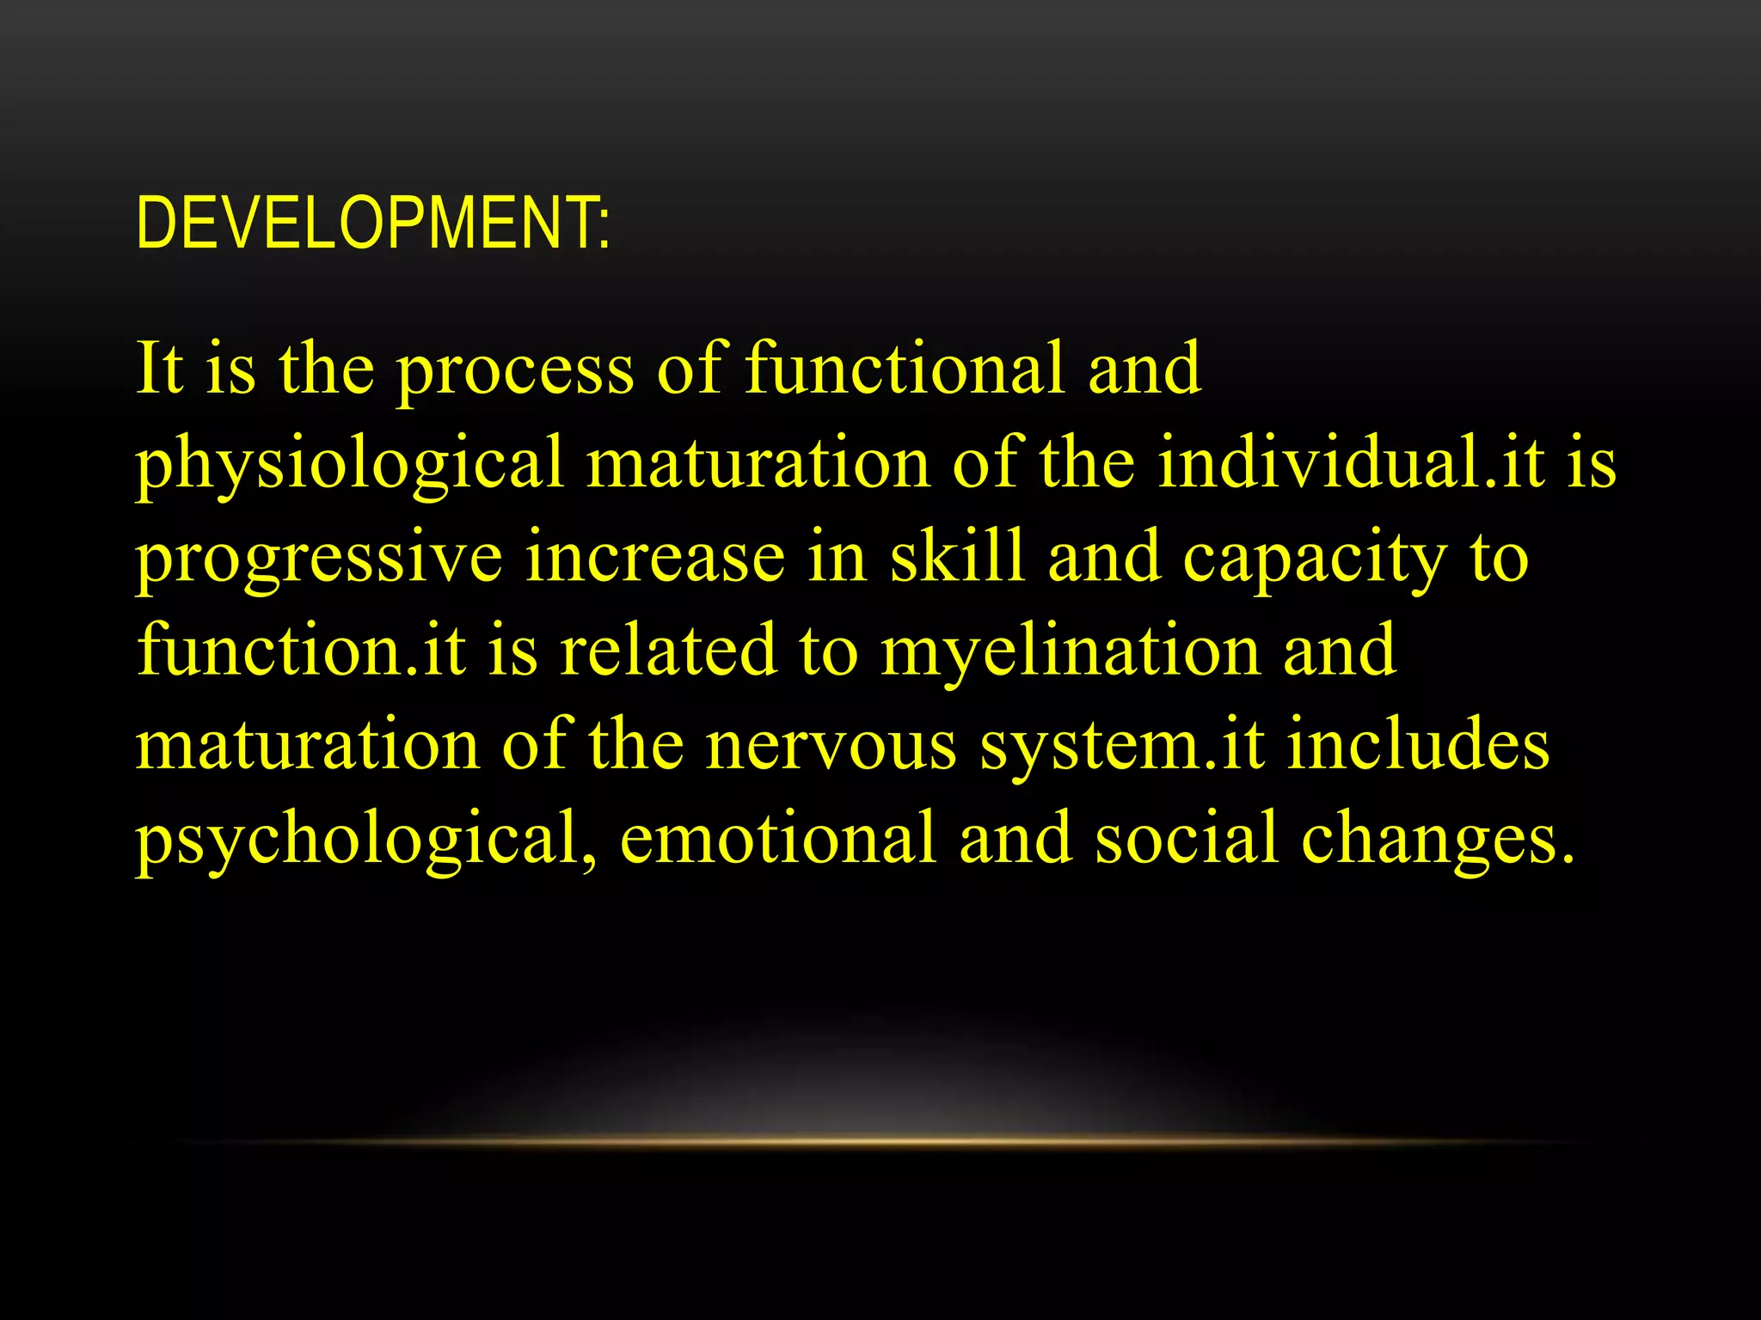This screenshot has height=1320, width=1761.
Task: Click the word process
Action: coord(514,371)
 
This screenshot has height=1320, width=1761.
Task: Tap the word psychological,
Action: coord(365,840)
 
